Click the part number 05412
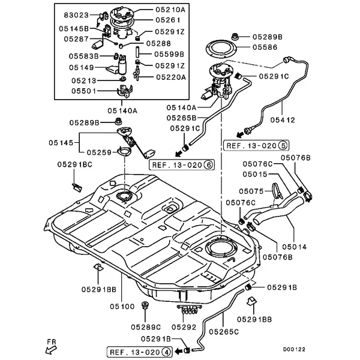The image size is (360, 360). [282, 120]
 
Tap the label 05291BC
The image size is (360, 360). [74, 164]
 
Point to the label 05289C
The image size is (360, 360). [146, 327]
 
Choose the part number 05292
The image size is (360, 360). [184, 327]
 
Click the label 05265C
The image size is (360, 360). [224, 331]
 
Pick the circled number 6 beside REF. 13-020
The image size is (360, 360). [209, 164]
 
